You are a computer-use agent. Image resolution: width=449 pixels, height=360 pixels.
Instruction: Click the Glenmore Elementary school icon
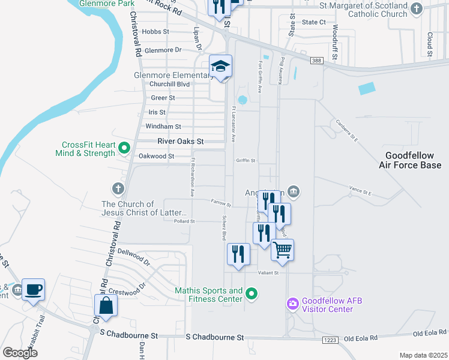point(220,66)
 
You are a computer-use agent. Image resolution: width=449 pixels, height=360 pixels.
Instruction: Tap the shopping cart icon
point(282,249)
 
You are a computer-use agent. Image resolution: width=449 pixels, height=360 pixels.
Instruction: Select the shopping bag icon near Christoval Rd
point(106,305)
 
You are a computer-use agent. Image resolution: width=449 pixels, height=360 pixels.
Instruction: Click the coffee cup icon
point(34,289)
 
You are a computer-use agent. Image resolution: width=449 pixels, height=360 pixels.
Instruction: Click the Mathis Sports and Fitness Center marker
point(252,294)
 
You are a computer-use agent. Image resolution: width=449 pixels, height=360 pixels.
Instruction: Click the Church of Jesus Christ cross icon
point(118,189)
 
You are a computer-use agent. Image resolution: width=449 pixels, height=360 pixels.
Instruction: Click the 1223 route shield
point(331,340)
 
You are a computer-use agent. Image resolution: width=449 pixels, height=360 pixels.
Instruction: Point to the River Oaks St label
point(181,142)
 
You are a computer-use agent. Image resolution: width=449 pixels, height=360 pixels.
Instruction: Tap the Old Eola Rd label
point(427,333)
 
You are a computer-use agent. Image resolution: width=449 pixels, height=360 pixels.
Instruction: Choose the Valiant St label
point(269,273)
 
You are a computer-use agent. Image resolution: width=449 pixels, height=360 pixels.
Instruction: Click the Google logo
point(20,352)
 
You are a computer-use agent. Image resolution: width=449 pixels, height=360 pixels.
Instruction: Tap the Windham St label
point(163,127)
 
